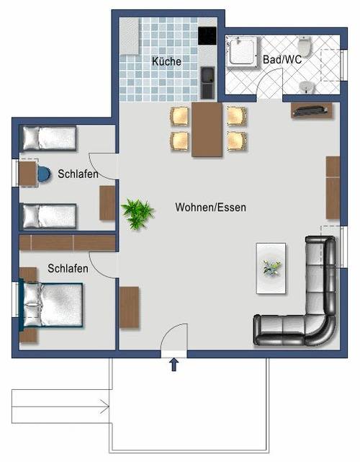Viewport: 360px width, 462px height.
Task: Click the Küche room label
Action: click(x=166, y=61)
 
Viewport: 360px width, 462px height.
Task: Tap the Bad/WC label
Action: click(x=282, y=60)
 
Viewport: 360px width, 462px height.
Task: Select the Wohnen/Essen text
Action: click(x=210, y=207)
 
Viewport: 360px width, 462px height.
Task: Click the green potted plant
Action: click(x=138, y=213)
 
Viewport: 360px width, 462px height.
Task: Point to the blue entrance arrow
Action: click(x=174, y=365)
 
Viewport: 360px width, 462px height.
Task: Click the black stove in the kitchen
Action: click(x=207, y=36)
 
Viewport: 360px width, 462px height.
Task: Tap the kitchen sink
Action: click(x=207, y=82)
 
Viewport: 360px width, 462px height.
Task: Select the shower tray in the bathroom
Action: click(x=242, y=53)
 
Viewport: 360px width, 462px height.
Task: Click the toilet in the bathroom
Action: click(x=305, y=47)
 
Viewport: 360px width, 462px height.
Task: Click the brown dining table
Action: click(x=207, y=130)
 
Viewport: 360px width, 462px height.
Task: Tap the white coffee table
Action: click(x=271, y=268)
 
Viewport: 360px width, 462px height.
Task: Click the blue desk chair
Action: click(x=43, y=174)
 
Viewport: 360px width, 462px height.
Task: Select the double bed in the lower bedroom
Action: click(x=50, y=305)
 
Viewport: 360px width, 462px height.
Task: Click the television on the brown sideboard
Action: click(x=312, y=110)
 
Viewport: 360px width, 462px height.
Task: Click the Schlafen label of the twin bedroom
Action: click(x=78, y=174)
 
